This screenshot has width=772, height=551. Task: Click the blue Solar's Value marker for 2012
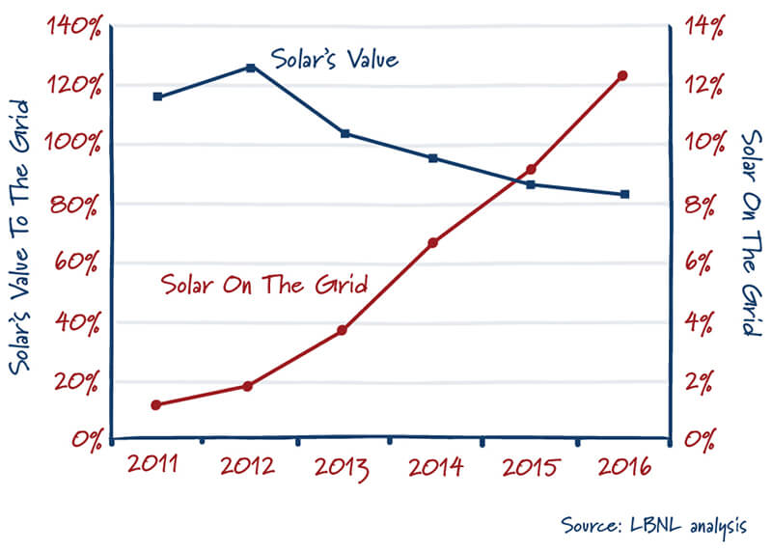pyautogui.click(x=250, y=68)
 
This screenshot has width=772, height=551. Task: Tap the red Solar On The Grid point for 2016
pyautogui.click(x=622, y=75)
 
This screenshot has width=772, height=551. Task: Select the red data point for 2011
pyautogui.click(x=156, y=404)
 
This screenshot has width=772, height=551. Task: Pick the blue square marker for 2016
pyautogui.click(x=623, y=194)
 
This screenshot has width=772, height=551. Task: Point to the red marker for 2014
pyautogui.click(x=434, y=242)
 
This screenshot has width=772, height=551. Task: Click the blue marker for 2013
pyautogui.click(x=345, y=133)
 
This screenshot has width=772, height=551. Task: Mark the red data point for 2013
pyautogui.click(x=342, y=330)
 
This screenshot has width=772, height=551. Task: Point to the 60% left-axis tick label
pyautogui.click(x=77, y=262)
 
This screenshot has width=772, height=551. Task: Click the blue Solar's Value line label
pyautogui.click(x=334, y=60)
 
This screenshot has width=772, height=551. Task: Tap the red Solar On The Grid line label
pyautogui.click(x=264, y=285)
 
